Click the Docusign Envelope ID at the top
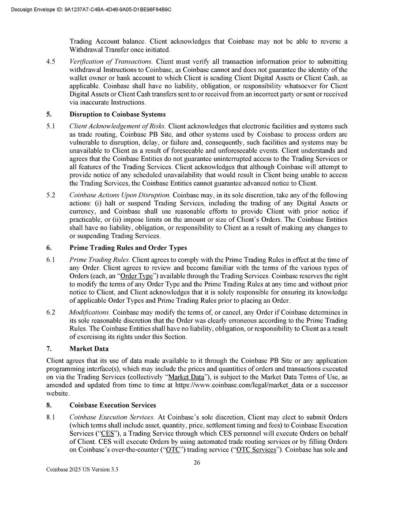pyautogui.click(x=91, y=9)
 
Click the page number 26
pyautogui.click(x=197, y=462)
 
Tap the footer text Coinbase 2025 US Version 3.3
pyautogui.click(x=82, y=470)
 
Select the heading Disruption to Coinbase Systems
pyautogui.click(x=117, y=115)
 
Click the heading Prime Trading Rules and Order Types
pyautogui.click(x=128, y=248)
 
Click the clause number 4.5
pyautogui.click(x=51, y=62)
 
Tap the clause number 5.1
pyautogui.click(x=51, y=126)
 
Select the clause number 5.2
pyautogui.click(x=51, y=195)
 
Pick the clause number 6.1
pyautogui.click(x=51, y=260)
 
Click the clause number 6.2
pyautogui.click(x=51, y=312)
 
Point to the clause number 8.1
pyautogui.click(x=51, y=417)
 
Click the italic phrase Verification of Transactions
pyautogui.click(x=111, y=62)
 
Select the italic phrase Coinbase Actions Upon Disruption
pyautogui.click(x=120, y=195)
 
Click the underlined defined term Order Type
pyautogui.click(x=136, y=276)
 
